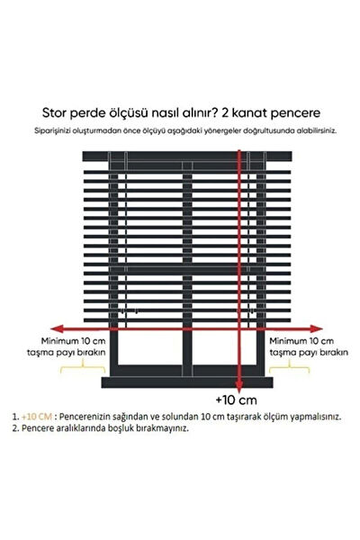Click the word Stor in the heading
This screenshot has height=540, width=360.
pos(56,112)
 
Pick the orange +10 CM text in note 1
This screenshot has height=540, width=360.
pos(37,418)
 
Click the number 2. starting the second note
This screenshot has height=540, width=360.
pos(16,429)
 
